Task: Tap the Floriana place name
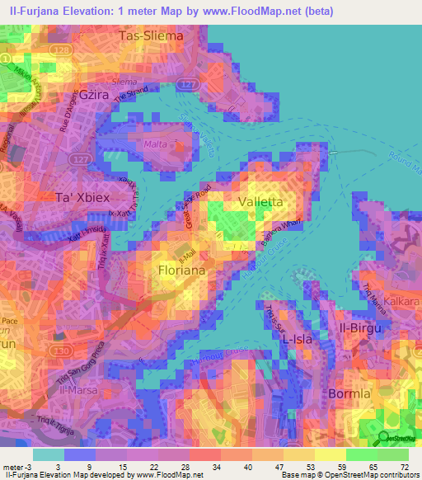click(x=182, y=270)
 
